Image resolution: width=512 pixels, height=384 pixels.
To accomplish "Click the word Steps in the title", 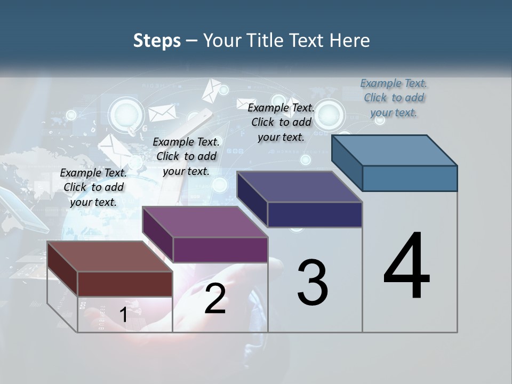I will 157,41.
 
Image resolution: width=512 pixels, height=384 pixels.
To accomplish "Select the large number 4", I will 406,267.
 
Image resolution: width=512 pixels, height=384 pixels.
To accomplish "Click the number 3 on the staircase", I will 313,283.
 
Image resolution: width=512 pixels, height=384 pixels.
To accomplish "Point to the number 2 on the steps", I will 215,299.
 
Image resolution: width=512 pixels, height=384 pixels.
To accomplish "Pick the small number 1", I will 123,315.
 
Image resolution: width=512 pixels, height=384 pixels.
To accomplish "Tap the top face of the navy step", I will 300,187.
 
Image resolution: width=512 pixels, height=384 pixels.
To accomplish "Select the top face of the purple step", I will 205,222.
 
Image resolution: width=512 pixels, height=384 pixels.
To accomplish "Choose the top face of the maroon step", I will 110,257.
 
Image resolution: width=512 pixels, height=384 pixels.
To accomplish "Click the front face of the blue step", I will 410,178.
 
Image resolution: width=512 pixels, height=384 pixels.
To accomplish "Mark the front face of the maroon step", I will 125,284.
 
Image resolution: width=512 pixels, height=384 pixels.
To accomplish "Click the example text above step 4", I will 394,98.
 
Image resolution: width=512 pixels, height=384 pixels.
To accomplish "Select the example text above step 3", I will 281,122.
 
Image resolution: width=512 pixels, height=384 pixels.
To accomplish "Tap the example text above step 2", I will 186,156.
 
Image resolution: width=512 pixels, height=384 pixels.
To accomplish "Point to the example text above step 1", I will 93,187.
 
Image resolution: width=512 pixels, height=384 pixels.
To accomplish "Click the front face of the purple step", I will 220,250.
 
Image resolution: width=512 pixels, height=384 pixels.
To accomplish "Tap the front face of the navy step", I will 315,214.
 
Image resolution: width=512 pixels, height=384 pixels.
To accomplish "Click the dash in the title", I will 192,41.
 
